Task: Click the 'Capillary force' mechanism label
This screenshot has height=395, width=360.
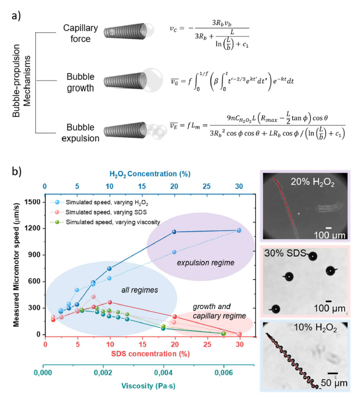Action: [x=80, y=34]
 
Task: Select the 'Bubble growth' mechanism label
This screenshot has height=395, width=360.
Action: [x=80, y=82]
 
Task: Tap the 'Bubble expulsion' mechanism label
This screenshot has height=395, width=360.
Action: [x=80, y=133]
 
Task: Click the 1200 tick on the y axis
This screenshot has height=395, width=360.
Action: [x=32, y=229]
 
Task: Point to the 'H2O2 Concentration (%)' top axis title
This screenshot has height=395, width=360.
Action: [x=150, y=174]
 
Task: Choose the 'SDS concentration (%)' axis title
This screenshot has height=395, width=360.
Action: [x=150, y=354]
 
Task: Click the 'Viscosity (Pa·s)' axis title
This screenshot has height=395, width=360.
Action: [x=148, y=386]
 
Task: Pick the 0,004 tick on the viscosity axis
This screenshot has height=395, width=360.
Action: [x=163, y=372]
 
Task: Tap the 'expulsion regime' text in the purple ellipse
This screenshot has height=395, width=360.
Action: [x=205, y=263]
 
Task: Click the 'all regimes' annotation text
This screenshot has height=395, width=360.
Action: [x=139, y=290]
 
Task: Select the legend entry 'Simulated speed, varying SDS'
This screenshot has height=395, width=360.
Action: [x=106, y=212]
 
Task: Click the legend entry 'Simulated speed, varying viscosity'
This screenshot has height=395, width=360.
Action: [x=113, y=222]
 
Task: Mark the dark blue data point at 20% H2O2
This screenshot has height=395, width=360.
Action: [x=174, y=232]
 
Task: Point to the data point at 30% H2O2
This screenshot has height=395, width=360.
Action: [x=239, y=230]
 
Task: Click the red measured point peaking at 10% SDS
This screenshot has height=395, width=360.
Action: [x=110, y=302]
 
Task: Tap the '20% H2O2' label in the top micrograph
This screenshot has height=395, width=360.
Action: [x=312, y=182]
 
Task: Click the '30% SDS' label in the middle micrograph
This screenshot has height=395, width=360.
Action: [x=285, y=253]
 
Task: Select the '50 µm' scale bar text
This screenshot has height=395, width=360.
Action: [x=334, y=383]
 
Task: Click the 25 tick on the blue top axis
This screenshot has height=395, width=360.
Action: [x=206, y=187]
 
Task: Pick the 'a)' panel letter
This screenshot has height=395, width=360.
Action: [x=16, y=16]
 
